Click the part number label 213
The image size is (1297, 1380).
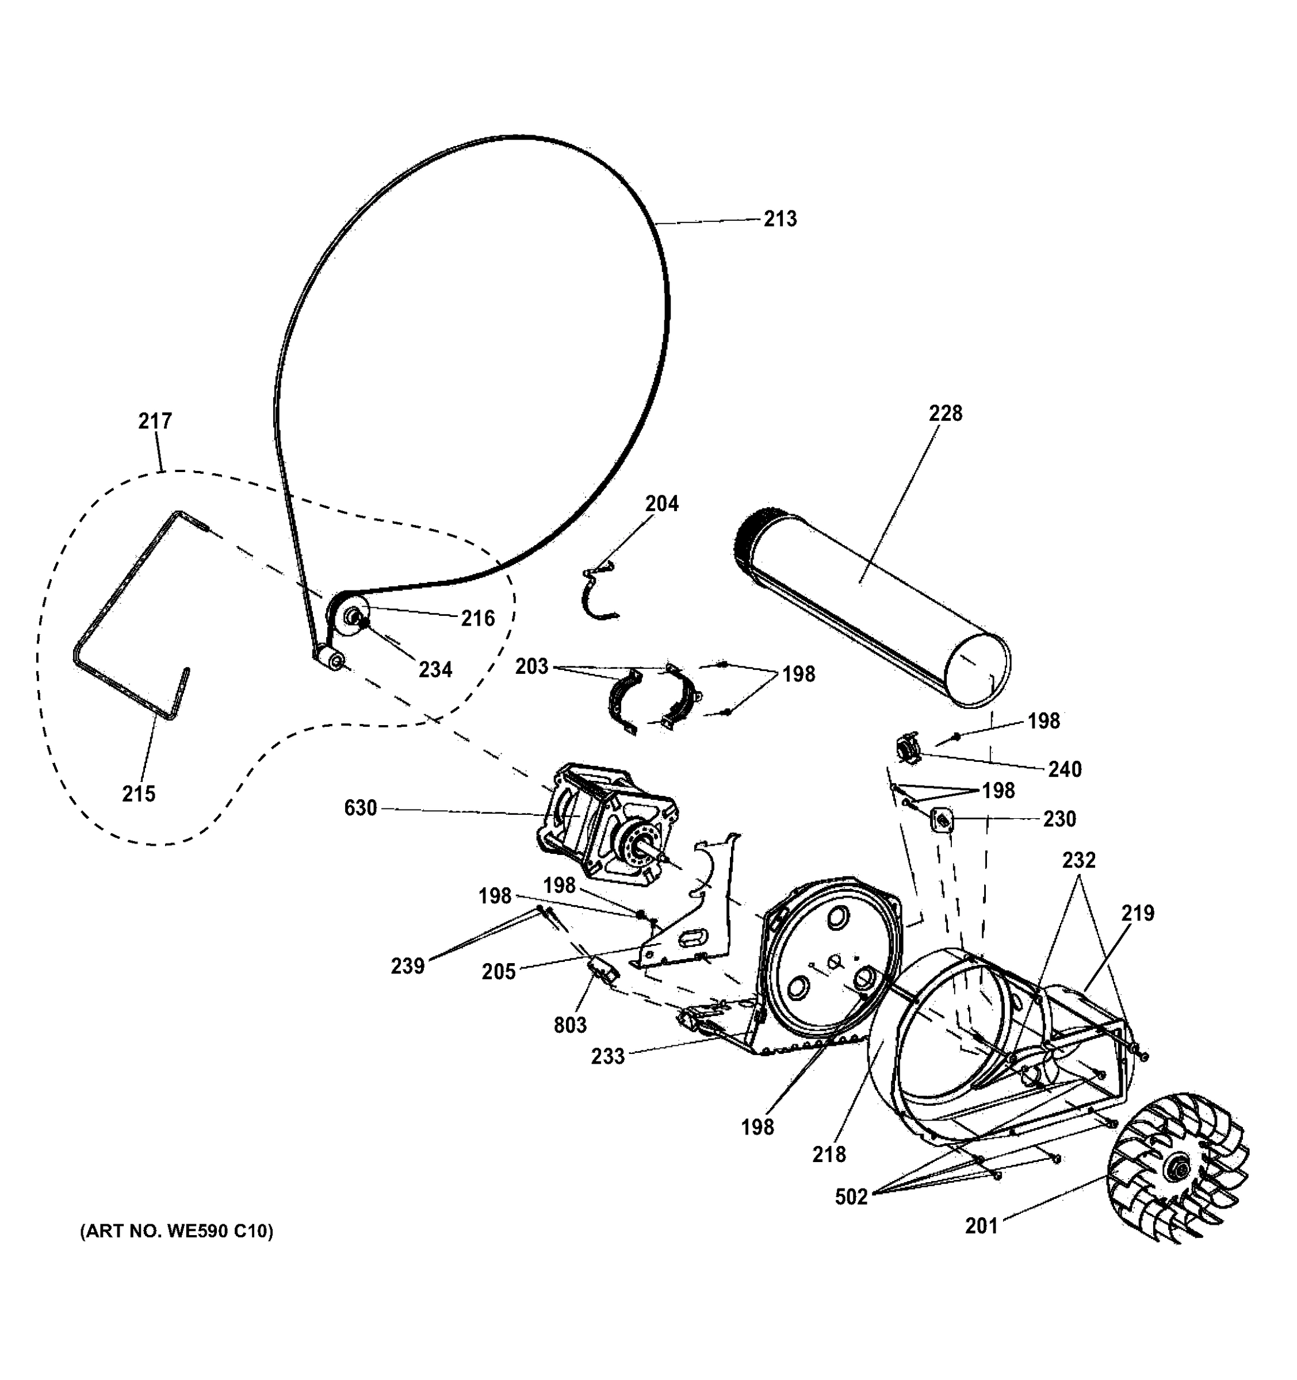(780, 219)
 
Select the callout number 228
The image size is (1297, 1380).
(945, 414)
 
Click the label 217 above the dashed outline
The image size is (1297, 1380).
(155, 421)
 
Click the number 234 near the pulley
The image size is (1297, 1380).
(435, 670)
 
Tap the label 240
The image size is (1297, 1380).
(1065, 769)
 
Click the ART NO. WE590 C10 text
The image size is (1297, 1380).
(177, 1232)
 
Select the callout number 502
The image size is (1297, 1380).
(851, 1197)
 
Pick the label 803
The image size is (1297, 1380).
(570, 1025)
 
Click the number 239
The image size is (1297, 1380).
(408, 966)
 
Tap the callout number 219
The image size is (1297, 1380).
(1137, 914)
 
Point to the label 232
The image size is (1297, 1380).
(1078, 861)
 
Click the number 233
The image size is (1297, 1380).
(607, 1056)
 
